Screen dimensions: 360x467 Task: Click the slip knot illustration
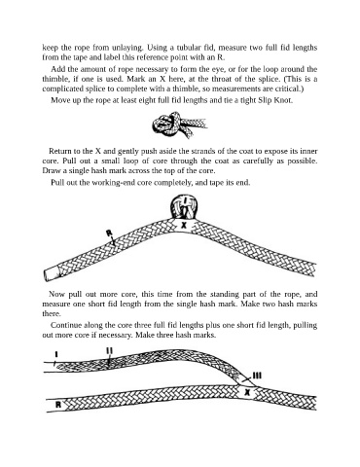pos(178,126)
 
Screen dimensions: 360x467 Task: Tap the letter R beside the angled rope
pos(109,233)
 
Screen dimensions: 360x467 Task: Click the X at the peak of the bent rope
pos(184,225)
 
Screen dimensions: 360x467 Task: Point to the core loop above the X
pos(184,207)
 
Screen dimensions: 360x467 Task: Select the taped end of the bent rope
pos(52,273)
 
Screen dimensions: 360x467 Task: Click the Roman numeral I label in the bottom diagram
pos(56,354)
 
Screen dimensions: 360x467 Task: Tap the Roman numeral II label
pos(109,350)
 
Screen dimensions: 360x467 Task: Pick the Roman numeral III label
pos(257,376)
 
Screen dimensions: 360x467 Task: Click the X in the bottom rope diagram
pos(247,393)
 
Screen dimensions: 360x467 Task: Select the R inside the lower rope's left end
pos(58,405)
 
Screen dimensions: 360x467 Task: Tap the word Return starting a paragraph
pos(59,151)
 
